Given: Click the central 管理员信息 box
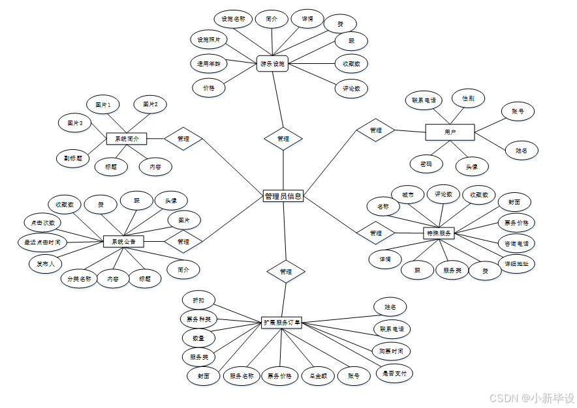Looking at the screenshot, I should click(x=283, y=196).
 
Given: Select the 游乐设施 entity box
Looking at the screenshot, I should click(x=273, y=64).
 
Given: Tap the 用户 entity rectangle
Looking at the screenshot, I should click(x=450, y=132).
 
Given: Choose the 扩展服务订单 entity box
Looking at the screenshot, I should click(x=282, y=322).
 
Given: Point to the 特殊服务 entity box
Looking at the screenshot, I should click(x=439, y=233).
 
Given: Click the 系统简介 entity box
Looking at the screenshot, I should click(x=127, y=139).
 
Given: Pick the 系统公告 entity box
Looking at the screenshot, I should click(x=124, y=241).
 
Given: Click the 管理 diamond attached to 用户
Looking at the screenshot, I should click(x=375, y=130).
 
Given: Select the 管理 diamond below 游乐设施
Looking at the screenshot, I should click(x=283, y=139).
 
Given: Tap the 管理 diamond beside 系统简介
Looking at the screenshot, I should click(x=183, y=139).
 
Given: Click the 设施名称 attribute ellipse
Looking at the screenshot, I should click(x=233, y=19).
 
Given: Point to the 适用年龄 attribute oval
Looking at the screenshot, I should click(x=209, y=64).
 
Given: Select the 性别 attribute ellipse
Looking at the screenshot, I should click(x=468, y=98).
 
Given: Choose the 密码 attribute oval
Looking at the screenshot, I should click(x=426, y=163).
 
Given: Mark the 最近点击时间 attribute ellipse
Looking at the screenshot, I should click(x=42, y=242).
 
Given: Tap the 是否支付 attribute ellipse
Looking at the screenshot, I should click(x=396, y=373).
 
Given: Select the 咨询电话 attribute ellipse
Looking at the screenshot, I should click(x=517, y=243).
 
